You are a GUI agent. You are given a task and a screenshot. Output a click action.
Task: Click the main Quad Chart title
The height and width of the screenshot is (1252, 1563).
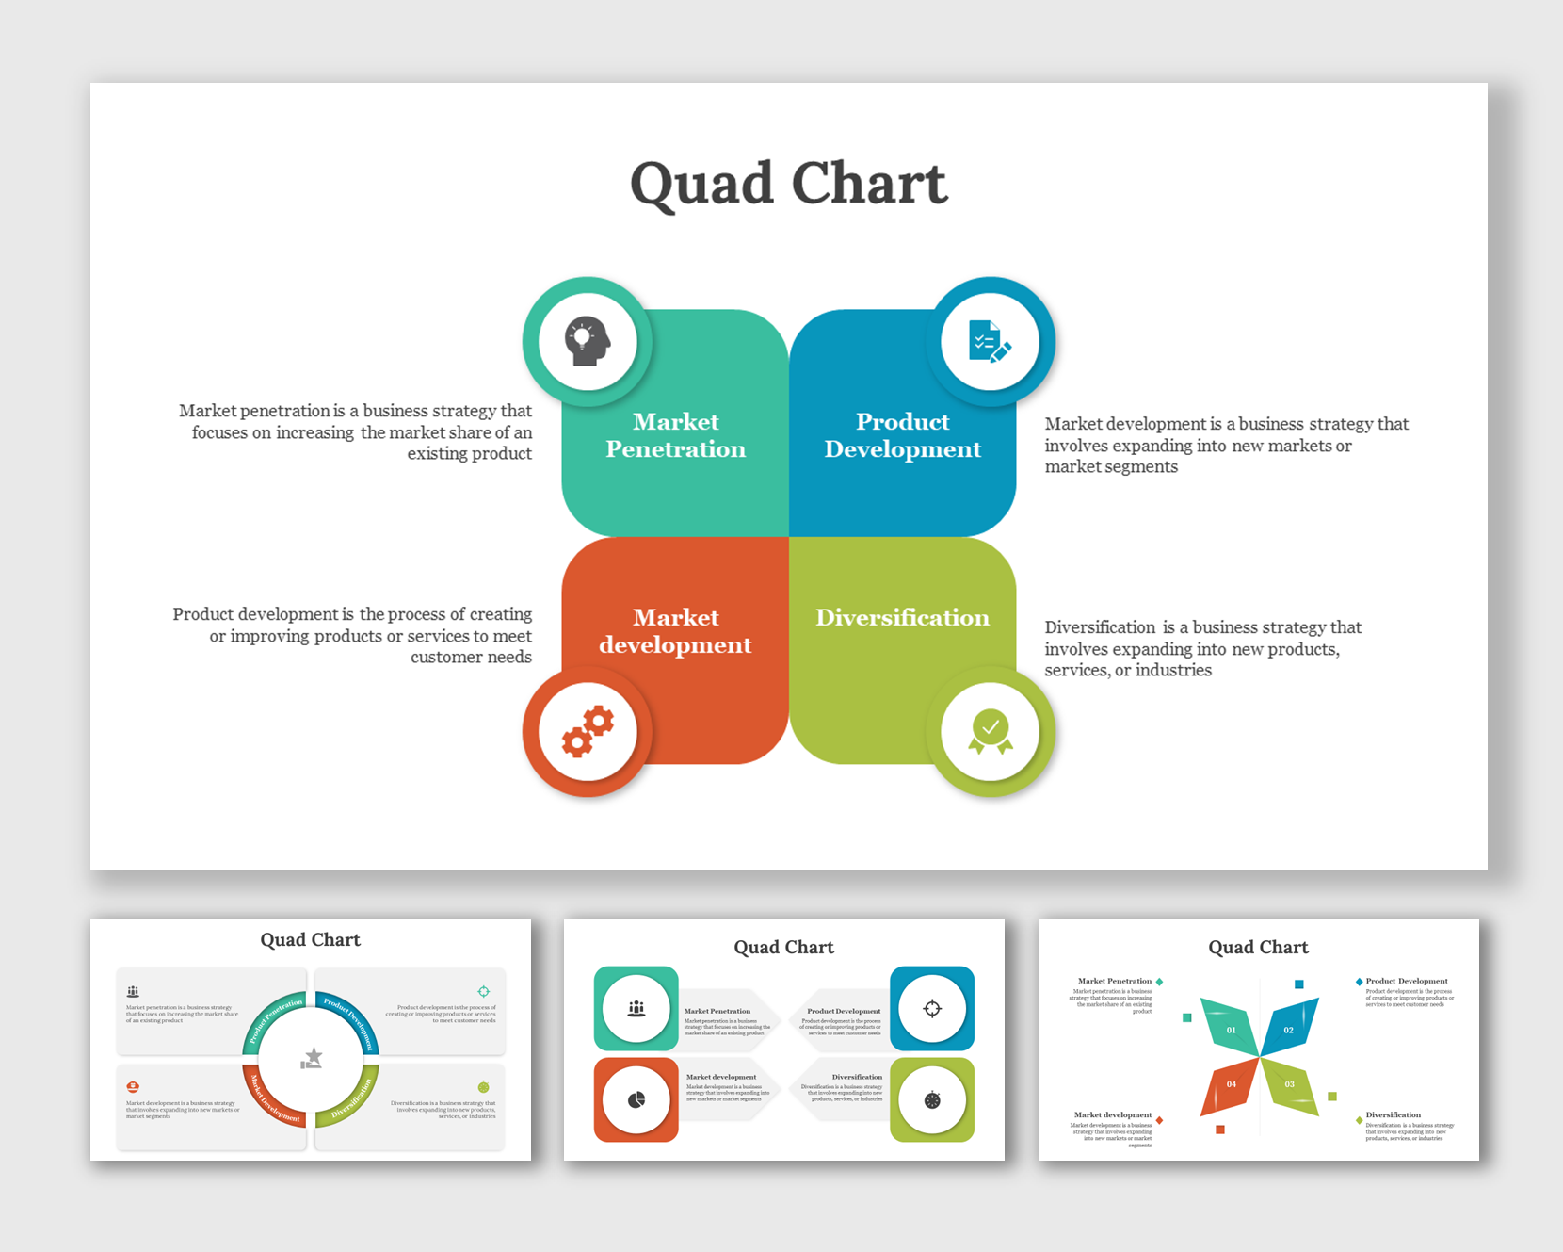point(788,183)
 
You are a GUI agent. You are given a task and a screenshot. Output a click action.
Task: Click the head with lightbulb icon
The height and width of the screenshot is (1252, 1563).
point(588,341)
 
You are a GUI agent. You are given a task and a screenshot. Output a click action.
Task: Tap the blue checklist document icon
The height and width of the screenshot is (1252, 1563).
point(990,341)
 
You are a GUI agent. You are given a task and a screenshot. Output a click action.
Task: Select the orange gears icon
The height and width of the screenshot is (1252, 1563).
point(588,732)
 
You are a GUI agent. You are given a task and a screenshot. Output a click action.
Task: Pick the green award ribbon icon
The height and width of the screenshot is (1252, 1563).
point(990,732)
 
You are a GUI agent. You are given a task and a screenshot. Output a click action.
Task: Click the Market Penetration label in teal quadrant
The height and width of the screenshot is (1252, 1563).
point(675,435)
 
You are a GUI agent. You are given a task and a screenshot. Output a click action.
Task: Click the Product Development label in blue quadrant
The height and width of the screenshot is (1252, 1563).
point(902,435)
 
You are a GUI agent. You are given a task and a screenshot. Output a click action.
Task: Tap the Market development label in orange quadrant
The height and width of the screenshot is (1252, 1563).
point(675,631)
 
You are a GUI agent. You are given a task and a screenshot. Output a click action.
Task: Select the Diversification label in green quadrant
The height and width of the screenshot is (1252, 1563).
point(902,617)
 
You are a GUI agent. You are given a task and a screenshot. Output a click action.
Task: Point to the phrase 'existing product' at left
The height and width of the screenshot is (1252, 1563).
point(469,453)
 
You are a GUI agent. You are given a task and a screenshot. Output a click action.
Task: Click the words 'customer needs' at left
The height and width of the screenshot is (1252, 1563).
point(471,657)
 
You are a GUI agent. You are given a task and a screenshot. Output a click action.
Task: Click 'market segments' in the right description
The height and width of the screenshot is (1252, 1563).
point(1111,466)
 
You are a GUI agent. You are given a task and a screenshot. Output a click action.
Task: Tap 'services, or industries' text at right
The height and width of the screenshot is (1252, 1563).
point(1128,670)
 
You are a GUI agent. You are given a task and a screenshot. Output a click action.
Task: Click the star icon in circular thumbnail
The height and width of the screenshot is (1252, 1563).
point(312,1058)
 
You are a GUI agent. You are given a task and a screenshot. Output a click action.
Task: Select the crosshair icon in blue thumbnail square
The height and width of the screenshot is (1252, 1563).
point(932,1008)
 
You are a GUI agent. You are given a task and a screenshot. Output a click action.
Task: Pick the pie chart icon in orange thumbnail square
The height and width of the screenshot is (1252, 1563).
point(636,1099)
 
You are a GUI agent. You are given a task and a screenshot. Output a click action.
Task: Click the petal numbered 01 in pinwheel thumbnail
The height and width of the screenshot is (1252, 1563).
point(1231,1029)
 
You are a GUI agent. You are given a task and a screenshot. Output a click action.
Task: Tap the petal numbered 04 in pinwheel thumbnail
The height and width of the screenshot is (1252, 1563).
point(1231,1084)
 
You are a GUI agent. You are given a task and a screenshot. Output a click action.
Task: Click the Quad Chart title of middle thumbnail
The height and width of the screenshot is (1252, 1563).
point(783,947)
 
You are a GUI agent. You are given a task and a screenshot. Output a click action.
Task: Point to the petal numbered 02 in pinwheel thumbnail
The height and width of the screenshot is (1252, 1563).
point(1288,1029)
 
